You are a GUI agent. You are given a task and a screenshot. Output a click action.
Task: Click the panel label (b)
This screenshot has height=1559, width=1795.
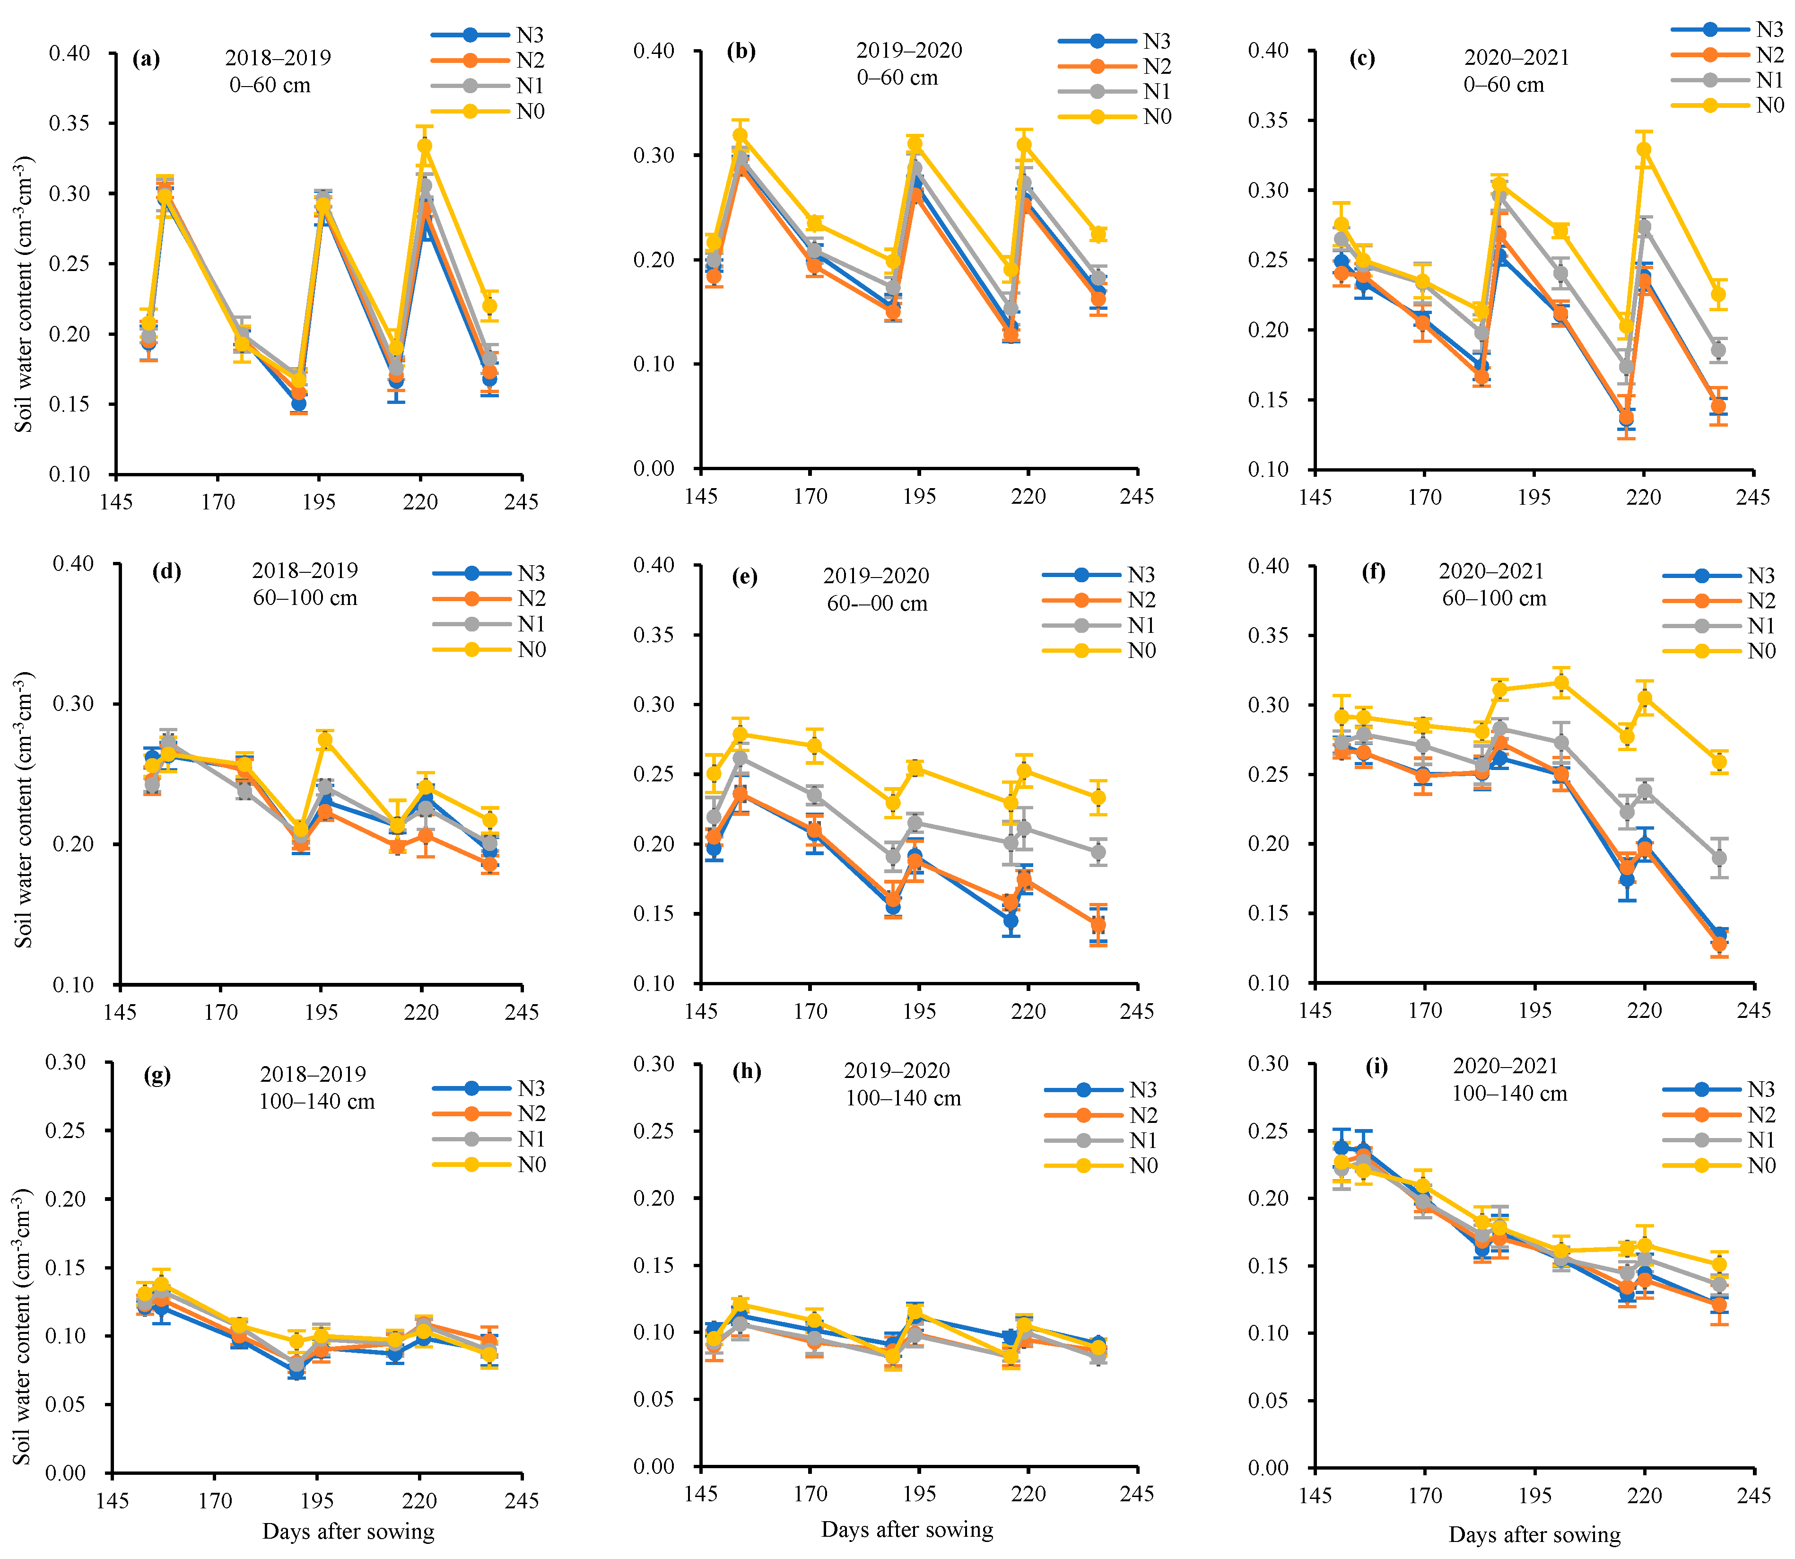tap(741, 51)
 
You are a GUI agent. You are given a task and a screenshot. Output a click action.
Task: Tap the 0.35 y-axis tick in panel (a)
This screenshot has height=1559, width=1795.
tap(70, 123)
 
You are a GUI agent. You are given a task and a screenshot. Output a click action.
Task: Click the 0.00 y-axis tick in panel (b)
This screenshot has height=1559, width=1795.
tap(654, 469)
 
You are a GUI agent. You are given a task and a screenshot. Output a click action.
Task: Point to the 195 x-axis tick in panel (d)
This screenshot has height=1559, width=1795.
tap(321, 1012)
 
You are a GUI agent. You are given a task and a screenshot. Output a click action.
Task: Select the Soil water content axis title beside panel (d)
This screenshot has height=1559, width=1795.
tap(24, 809)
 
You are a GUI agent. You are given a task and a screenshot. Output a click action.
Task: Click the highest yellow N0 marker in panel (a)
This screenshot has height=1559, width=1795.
tap(425, 146)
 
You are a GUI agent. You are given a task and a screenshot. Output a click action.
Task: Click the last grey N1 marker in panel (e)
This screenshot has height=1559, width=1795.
tap(1098, 852)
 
